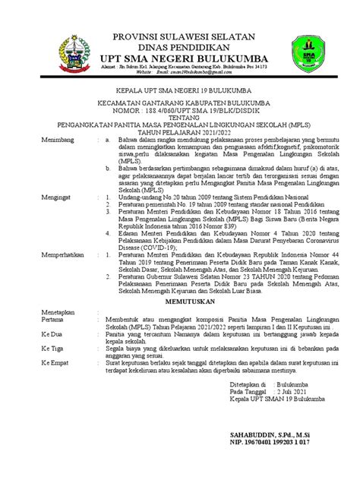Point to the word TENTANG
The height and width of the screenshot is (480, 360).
click(181, 129)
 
